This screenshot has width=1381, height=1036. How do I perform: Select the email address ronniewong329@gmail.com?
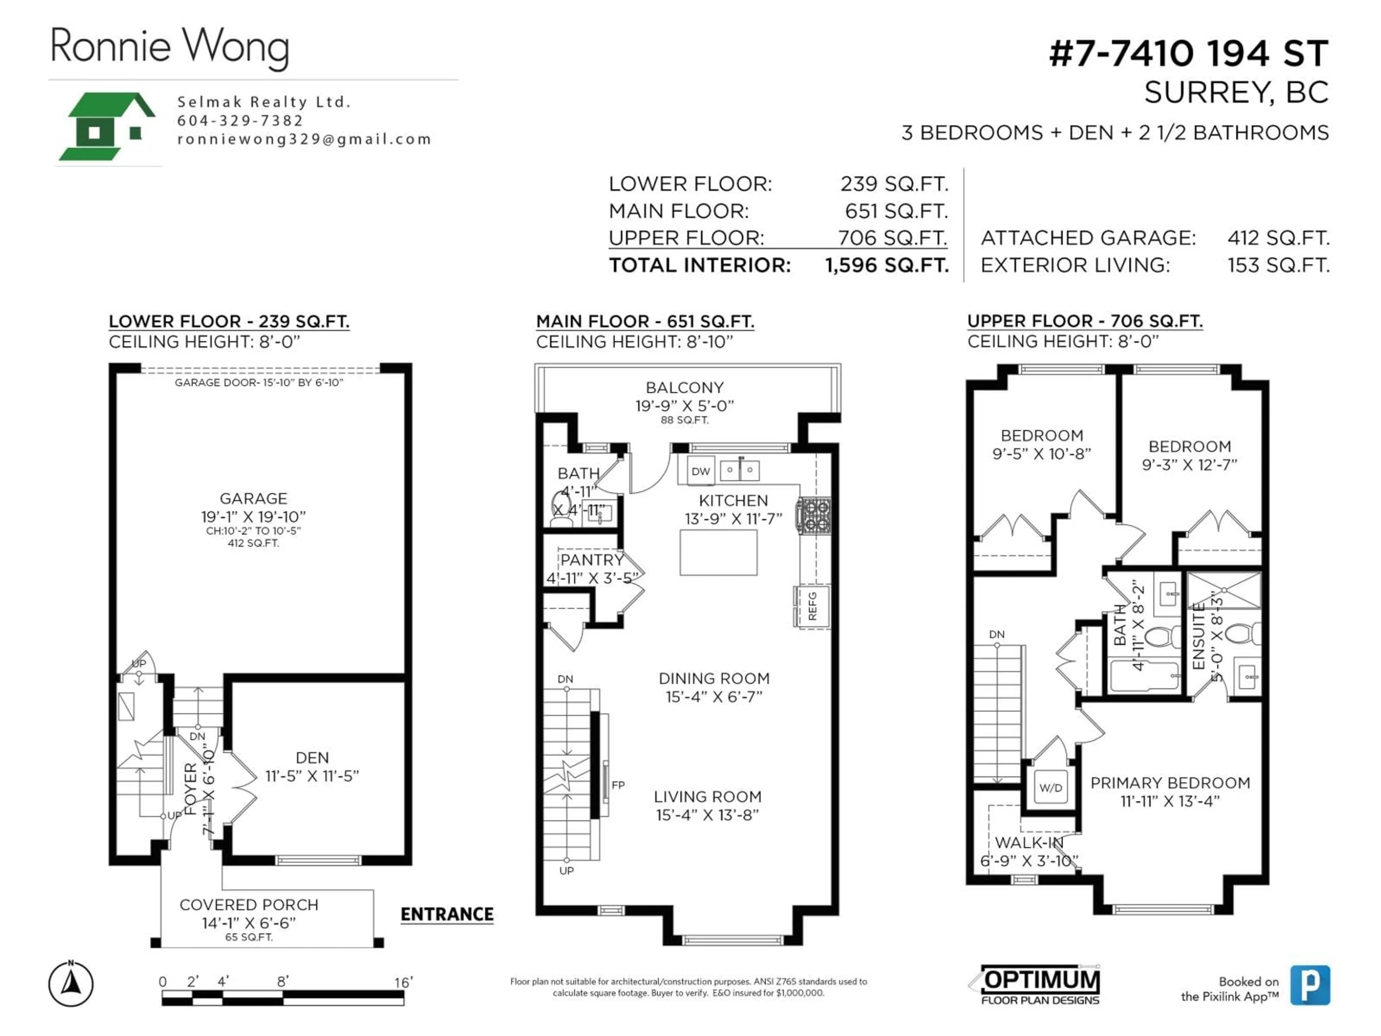[304, 139]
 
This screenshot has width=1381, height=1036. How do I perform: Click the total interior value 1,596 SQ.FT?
[887, 265]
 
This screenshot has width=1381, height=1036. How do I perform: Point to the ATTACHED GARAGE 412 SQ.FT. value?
[1278, 238]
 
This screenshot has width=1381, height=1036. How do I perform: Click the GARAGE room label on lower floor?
[254, 498]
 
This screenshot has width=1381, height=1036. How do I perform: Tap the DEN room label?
[312, 758]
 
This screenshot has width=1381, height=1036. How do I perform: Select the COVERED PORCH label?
[249, 905]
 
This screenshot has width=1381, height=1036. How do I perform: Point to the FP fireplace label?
[618, 785]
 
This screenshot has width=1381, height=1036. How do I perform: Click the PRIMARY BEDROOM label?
[1170, 783]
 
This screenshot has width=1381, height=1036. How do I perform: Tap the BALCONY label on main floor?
[684, 388]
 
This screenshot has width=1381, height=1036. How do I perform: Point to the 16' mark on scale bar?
[403, 982]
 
